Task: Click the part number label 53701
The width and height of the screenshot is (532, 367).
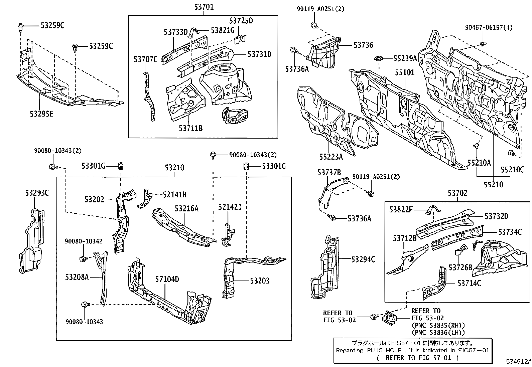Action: tap(203, 7)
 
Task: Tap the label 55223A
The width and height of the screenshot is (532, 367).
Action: tap(331, 156)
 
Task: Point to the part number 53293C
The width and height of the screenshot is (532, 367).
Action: tap(37, 193)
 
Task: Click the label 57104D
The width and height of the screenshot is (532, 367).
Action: tap(167, 279)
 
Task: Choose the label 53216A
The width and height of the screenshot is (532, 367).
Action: tap(186, 209)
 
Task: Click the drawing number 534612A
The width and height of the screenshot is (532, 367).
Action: tap(519, 361)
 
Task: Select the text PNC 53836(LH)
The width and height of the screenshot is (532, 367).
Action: tap(438, 332)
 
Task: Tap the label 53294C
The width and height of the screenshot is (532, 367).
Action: tap(363, 259)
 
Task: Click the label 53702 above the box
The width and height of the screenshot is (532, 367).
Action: tap(457, 193)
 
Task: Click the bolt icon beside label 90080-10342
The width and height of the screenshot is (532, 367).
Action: tap(82, 258)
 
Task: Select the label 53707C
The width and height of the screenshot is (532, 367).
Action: tap(145, 59)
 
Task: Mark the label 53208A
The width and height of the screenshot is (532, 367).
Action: tap(77, 277)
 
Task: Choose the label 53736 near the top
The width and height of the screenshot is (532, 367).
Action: tap(363, 45)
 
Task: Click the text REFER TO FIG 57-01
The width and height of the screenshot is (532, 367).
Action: tap(418, 358)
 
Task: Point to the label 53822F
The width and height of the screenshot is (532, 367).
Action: tap(401, 209)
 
